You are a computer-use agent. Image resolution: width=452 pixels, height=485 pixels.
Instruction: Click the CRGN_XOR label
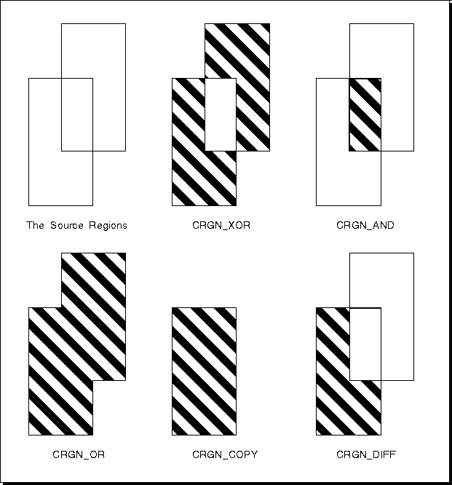click(x=221, y=225)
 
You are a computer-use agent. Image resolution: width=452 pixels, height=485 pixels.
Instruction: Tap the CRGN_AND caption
click(x=365, y=225)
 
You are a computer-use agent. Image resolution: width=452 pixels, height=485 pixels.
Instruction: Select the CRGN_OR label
click(x=79, y=454)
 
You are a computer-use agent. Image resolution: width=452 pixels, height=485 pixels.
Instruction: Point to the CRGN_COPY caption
click(x=225, y=454)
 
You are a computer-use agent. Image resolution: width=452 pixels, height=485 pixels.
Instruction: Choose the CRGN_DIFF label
click(x=366, y=454)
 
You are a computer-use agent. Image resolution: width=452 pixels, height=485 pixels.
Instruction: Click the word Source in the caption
click(x=67, y=225)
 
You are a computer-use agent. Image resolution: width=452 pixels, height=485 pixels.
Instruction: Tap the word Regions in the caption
click(x=108, y=226)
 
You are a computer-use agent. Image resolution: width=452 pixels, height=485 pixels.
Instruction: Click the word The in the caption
click(x=35, y=225)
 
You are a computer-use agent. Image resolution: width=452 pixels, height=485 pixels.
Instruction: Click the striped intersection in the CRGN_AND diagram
click(x=365, y=115)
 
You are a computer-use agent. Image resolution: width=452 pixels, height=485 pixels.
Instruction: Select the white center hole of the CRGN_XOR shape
click(x=221, y=115)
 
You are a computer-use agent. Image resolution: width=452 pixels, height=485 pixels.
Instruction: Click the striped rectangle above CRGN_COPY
click(x=204, y=371)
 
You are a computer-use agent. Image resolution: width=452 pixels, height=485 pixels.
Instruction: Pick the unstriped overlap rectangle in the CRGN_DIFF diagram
click(x=365, y=344)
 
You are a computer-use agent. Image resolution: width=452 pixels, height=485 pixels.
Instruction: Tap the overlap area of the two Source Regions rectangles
click(x=77, y=115)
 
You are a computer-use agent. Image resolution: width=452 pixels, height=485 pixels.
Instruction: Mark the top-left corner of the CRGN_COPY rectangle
click(x=173, y=308)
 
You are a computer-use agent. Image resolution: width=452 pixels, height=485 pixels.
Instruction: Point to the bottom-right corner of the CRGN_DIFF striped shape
click(x=381, y=435)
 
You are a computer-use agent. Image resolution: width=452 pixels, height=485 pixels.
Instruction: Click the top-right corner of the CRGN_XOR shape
click(x=269, y=23)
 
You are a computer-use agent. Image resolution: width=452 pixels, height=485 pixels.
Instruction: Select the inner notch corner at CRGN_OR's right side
click(x=93, y=380)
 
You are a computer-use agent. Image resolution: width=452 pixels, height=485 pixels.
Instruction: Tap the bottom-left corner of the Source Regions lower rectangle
click(x=29, y=205)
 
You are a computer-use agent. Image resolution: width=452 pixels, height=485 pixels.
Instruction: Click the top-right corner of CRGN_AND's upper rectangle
click(x=413, y=23)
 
